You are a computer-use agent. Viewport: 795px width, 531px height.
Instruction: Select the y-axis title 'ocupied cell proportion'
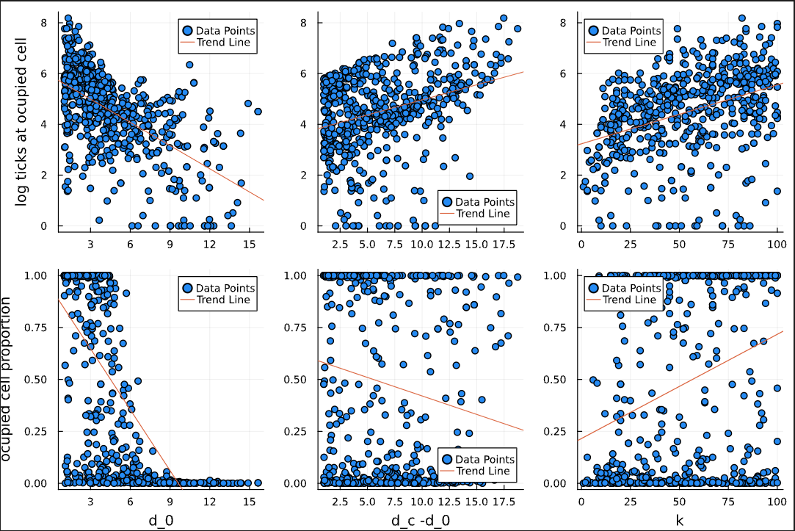pyautogui.click(x=7, y=379)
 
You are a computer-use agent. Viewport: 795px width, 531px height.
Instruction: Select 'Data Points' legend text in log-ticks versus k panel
pyautogui.click(x=631, y=31)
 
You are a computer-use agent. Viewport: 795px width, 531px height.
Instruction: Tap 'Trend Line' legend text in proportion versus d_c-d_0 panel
pyautogui.click(x=483, y=471)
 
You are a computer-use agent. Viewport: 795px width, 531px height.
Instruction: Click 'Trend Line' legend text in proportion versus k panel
pyautogui.click(x=629, y=300)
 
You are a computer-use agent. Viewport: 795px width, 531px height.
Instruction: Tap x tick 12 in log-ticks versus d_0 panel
pyautogui.click(x=209, y=243)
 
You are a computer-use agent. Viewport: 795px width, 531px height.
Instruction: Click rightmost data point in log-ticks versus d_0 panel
pyautogui.click(x=258, y=112)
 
